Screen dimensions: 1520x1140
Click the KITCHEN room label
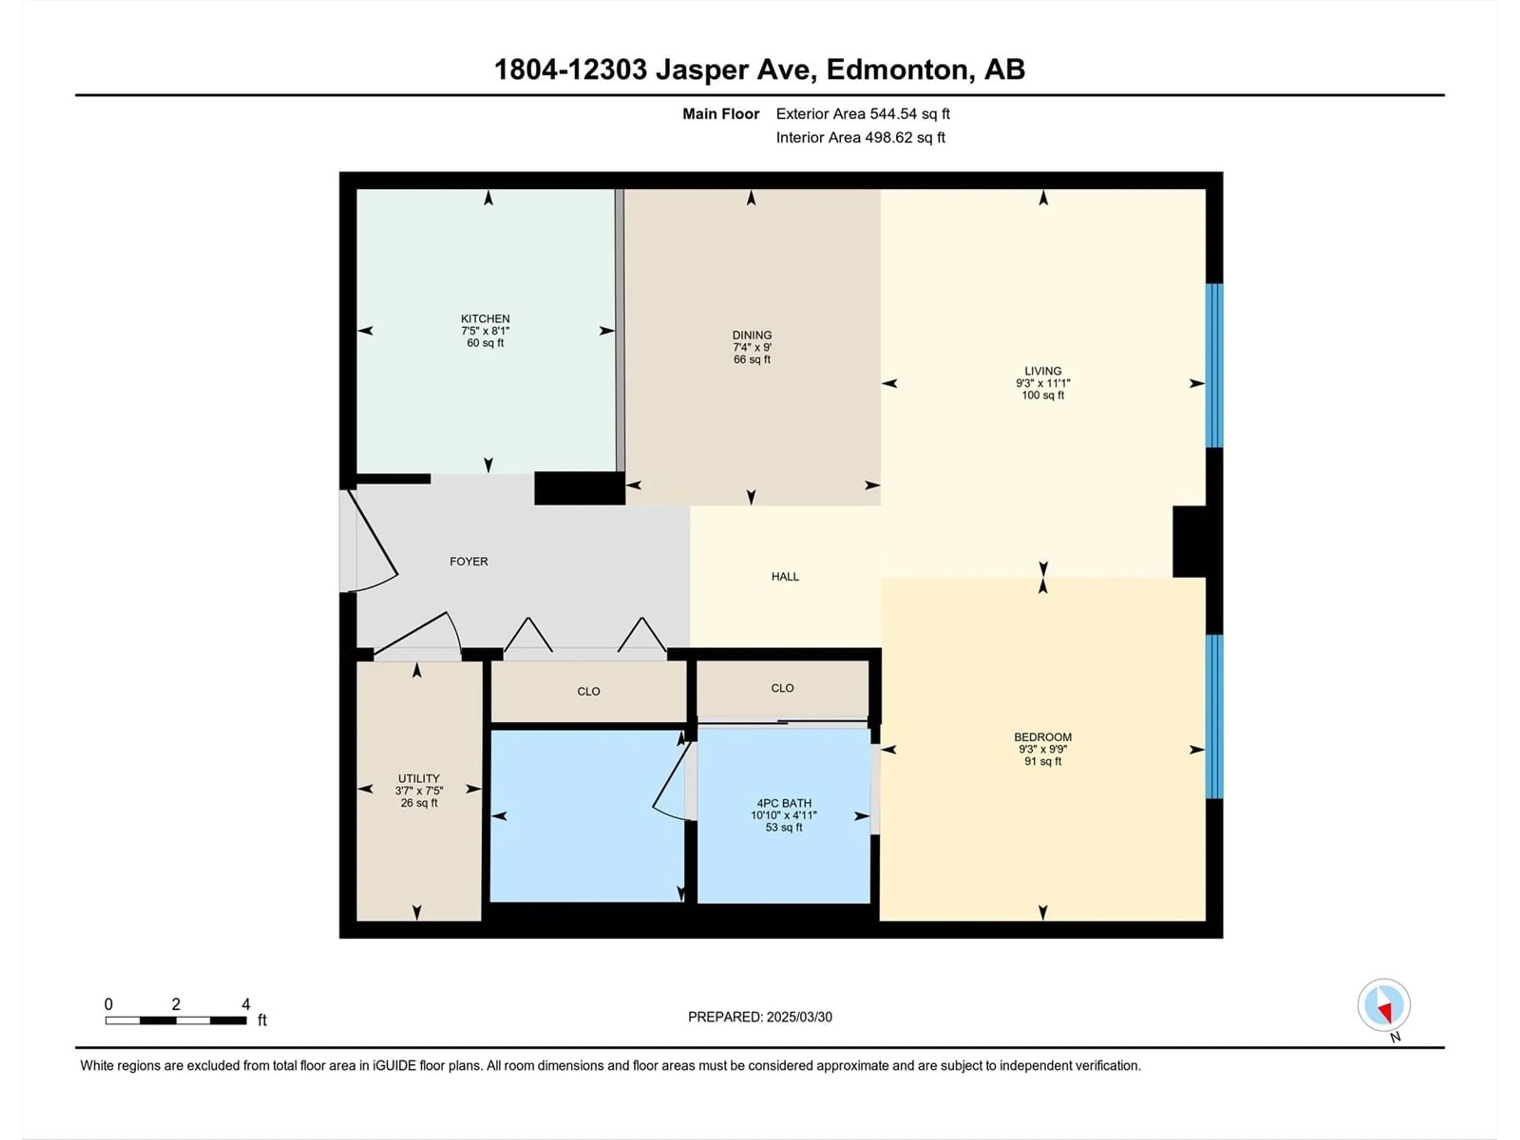485,319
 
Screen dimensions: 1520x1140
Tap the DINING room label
752,335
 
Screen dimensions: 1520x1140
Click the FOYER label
469,561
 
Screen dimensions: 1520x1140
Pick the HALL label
785,576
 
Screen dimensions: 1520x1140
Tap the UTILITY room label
418,779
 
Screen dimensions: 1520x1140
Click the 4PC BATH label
784,803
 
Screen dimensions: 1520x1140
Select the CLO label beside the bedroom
783,688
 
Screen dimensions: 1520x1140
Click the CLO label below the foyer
589,691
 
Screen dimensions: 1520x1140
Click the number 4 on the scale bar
245,1004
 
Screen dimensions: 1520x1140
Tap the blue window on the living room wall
1214,366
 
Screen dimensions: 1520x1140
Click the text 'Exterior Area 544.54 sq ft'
863,114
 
